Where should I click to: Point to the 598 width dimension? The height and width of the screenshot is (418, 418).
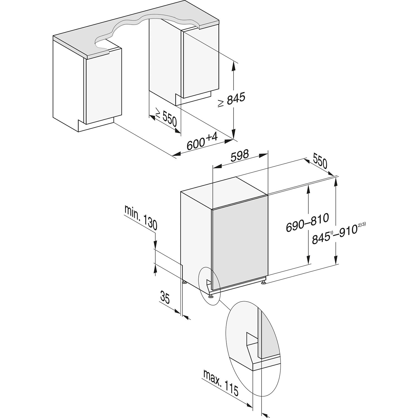click(240, 155)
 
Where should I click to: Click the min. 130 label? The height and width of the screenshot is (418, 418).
click(141, 217)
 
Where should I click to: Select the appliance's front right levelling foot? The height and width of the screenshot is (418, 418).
click(263, 283)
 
